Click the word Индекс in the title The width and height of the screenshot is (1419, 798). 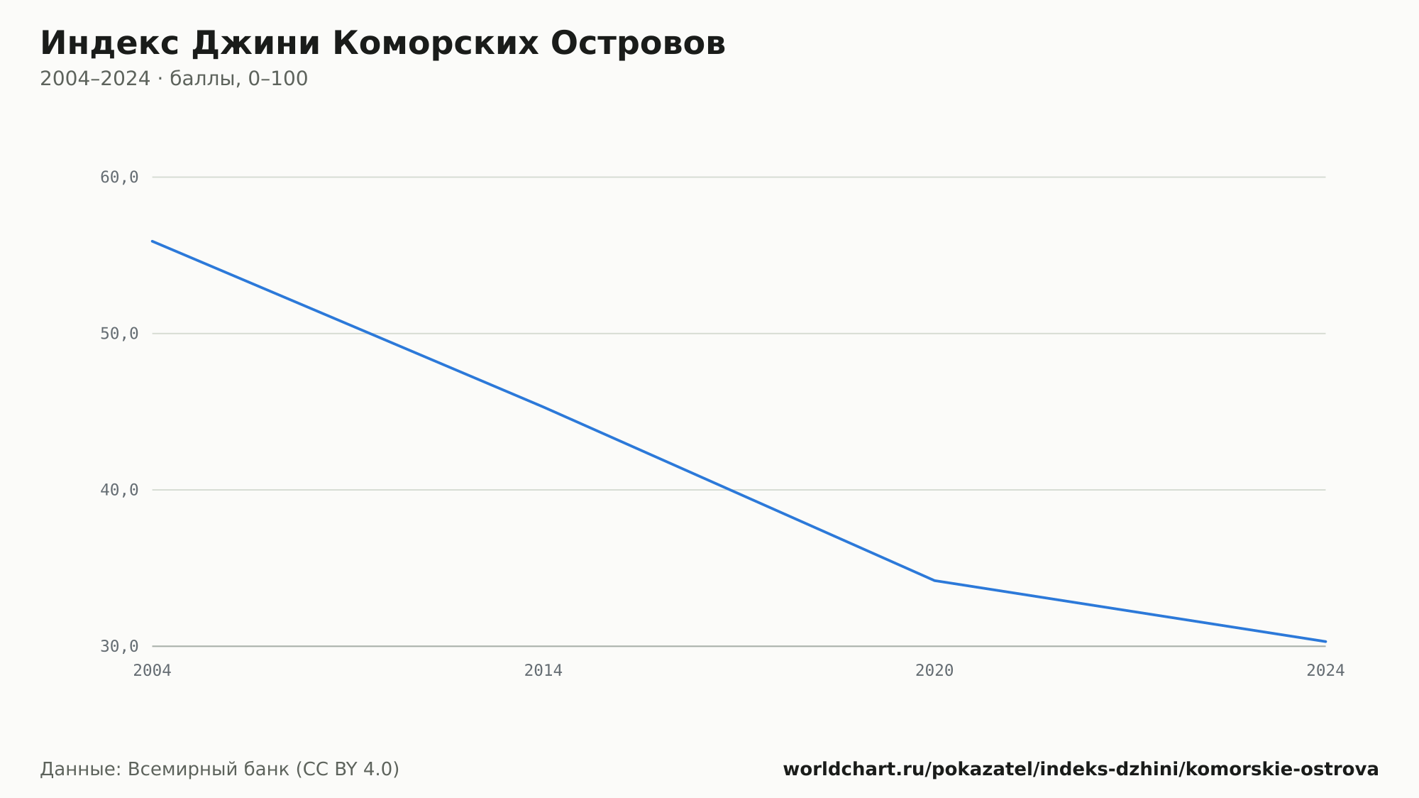pos(109,43)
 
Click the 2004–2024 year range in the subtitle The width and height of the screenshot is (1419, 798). pos(95,79)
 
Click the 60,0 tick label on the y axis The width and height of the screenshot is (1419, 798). pos(119,177)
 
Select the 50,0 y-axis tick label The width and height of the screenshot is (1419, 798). pos(119,334)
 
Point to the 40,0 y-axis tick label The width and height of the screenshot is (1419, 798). pos(119,490)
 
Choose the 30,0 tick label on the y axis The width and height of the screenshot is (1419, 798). pos(119,646)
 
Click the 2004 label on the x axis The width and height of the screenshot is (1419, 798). pos(153,671)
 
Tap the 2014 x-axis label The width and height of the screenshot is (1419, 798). pos(543,671)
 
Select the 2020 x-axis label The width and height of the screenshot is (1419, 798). pos(934,671)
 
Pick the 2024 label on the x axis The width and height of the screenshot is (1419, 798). pos(1325,671)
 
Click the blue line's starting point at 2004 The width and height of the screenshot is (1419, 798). pos(153,241)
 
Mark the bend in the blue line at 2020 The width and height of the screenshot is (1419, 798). pos(934,581)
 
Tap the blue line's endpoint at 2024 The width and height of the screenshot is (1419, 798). pos(1325,642)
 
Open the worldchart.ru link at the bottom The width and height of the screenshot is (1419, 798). pos(1081,770)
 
